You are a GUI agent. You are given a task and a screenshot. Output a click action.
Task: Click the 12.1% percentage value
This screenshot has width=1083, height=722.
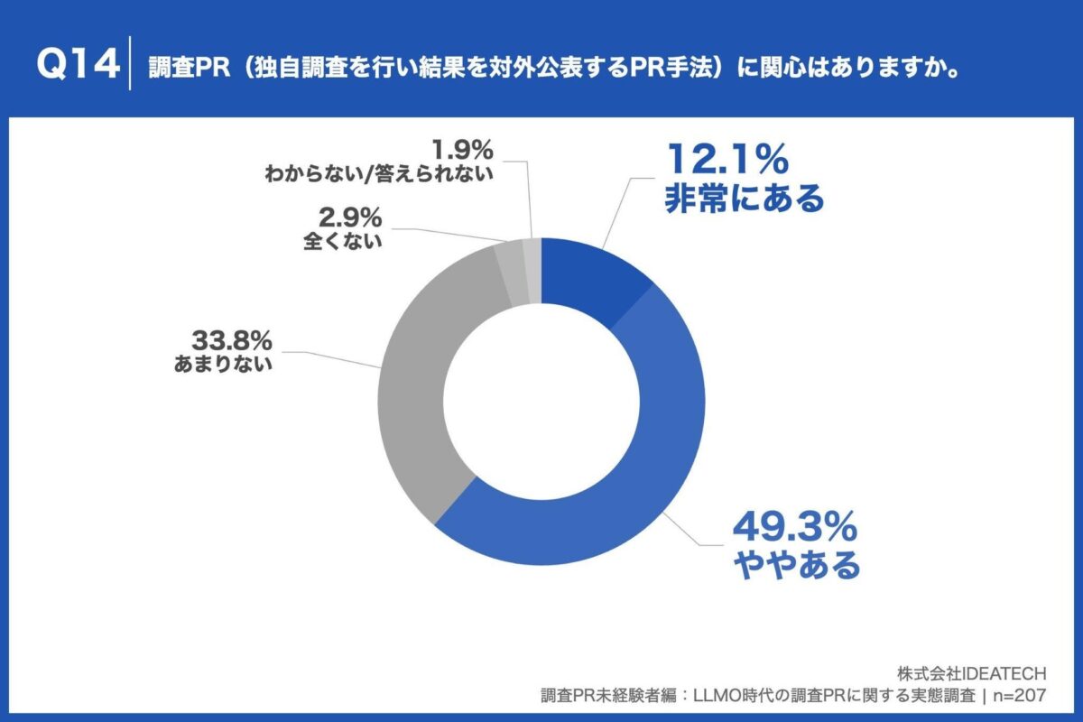point(727,160)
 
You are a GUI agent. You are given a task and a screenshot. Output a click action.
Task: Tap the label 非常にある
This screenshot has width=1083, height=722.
point(744,198)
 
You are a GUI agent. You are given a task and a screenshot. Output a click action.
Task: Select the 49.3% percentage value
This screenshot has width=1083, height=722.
point(794,527)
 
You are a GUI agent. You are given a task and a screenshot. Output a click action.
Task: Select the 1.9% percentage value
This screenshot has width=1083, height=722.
point(462,146)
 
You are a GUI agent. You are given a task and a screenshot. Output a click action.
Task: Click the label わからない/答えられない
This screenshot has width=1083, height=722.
point(379,173)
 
